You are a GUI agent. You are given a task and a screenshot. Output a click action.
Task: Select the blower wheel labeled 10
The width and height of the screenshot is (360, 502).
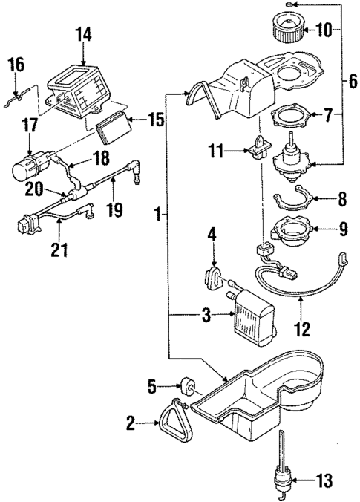point(283,30)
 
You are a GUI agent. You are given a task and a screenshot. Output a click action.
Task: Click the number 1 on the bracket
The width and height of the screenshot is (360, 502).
point(157,216)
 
